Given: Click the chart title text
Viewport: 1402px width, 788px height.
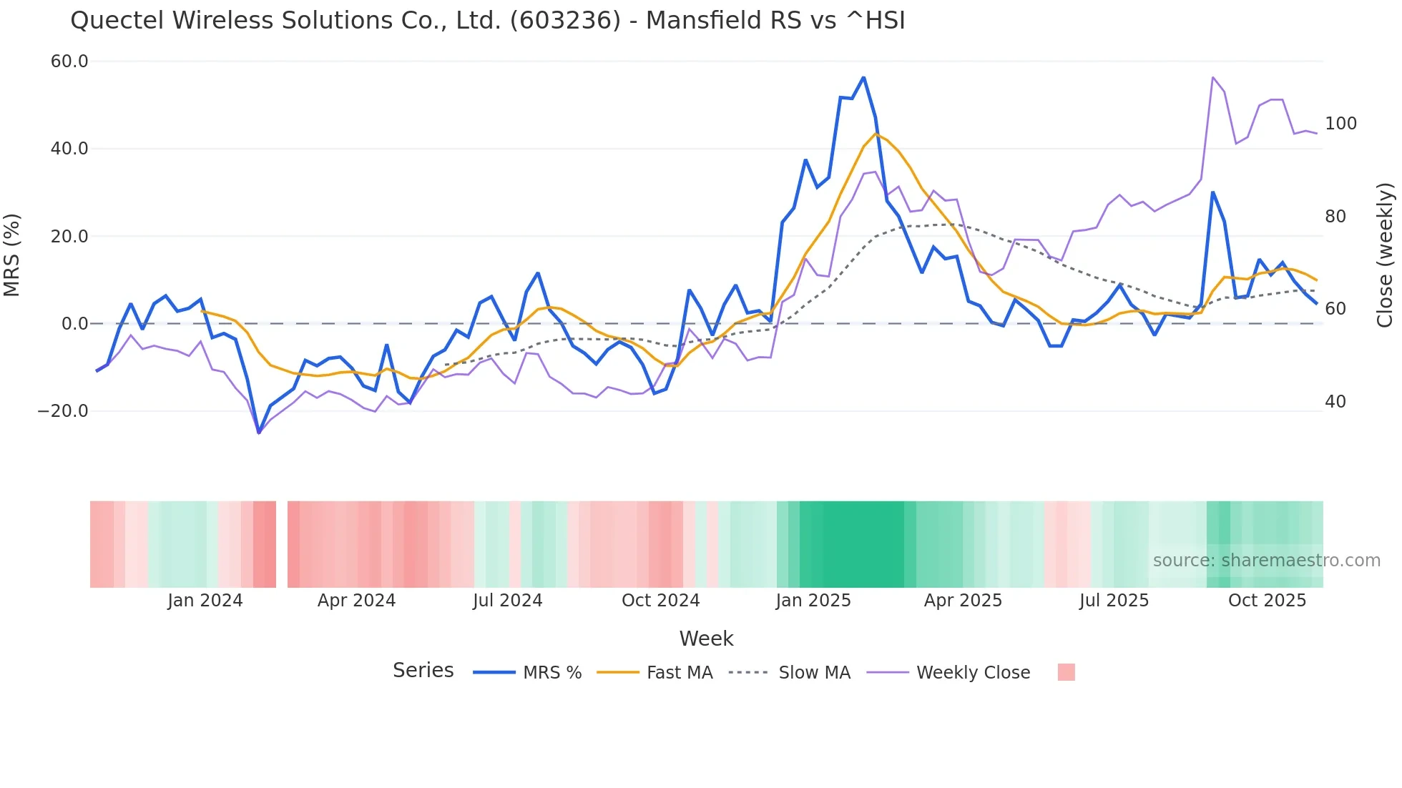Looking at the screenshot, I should pos(487,21).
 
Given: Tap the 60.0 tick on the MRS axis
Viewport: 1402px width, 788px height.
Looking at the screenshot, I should pos(69,61).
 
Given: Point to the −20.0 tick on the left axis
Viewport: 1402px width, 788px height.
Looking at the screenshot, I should pos(63,411).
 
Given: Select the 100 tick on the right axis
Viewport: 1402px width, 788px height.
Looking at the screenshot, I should pos(1340,124).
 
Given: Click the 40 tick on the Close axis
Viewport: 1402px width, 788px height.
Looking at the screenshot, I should pos(1335,402).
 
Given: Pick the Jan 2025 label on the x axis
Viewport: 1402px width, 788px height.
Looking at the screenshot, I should pos(813,601).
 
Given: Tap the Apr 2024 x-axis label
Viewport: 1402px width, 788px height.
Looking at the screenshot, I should pos(356,601).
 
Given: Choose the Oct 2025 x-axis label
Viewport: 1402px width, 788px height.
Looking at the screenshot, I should pos(1267,601).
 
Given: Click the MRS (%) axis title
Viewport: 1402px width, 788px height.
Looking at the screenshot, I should pos(12,255).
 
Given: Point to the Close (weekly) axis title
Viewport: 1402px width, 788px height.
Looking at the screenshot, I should pos(1385,255).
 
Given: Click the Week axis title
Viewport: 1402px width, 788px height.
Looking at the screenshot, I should pos(706,639).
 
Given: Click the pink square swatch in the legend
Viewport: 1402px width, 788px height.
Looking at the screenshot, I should pos(1066,672).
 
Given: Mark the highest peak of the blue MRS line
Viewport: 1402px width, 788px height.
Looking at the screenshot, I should pos(863,77).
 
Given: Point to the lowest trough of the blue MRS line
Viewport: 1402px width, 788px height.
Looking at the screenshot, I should pos(259,433).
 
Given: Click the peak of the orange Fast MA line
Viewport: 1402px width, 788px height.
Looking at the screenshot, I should pos(876,134).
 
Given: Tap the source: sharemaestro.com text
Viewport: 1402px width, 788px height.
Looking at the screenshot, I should pos(1266,561).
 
